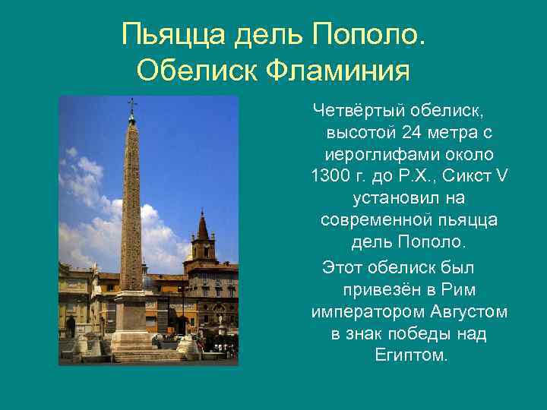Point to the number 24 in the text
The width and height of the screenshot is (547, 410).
pos(411,133)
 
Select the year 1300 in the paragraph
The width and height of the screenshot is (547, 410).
pos(333,176)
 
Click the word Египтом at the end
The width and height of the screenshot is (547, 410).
pos(411,355)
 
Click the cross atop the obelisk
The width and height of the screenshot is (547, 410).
pos(131,103)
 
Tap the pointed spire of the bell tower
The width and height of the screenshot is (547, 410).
pos(202,222)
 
